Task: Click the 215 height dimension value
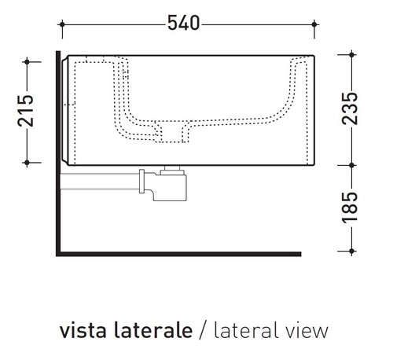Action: (x=27, y=111)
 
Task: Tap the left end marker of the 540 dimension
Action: (x=62, y=24)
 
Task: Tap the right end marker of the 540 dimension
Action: (x=318, y=24)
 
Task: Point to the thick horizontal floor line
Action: (x=181, y=253)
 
